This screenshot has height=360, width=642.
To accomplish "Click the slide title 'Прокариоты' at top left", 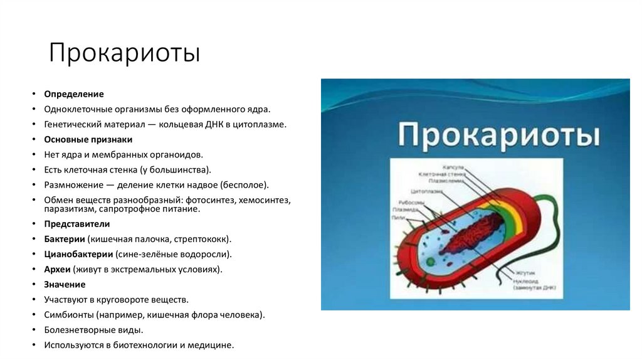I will pos(125,53).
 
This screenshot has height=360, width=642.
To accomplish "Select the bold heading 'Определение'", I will pos(73,93).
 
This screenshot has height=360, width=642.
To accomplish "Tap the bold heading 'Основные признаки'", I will pos(88,139).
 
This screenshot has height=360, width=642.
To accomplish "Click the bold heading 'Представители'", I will pos(76,224).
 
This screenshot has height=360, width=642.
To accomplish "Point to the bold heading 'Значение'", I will pos(65,284).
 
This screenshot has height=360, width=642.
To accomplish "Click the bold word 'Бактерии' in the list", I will pos(65,239).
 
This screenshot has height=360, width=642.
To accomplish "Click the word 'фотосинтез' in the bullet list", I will pos(211,199).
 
